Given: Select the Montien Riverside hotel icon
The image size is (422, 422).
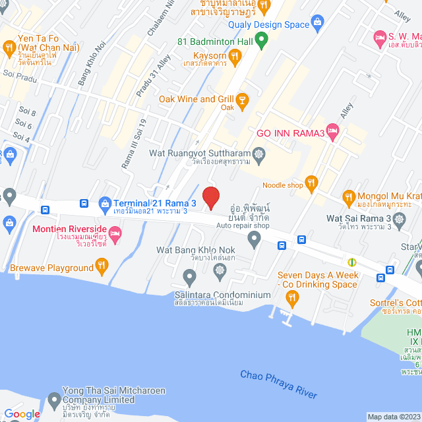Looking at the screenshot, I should [x=115, y=233].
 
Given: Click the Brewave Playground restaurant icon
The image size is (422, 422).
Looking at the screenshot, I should [x=102, y=267].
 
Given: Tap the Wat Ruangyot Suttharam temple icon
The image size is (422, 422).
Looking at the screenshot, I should [x=259, y=154].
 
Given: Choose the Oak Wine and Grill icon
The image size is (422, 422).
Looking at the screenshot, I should [x=242, y=100].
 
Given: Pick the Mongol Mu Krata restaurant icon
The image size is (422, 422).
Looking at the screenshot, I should [x=349, y=196].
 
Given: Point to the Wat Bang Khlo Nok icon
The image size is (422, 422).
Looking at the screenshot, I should [x=254, y=241].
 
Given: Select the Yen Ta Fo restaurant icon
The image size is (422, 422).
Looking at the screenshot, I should [x=9, y=47].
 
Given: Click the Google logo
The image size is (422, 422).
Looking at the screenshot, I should [x=22, y=414].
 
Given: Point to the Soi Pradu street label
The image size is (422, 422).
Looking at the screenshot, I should [x=17, y=75].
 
